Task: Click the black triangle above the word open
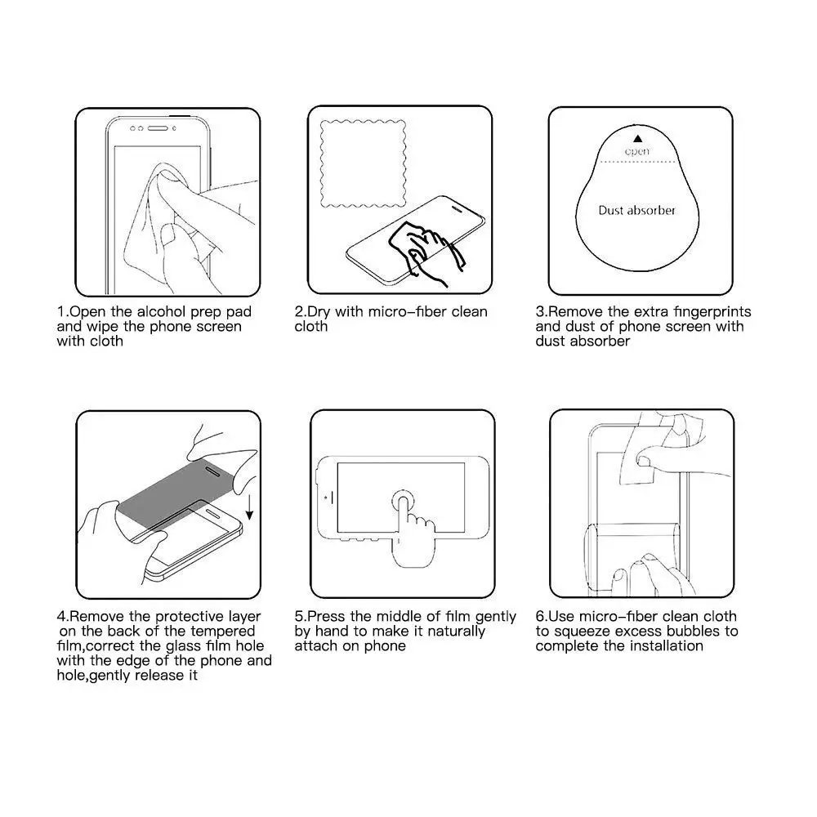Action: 638,139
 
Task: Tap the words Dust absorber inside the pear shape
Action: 636,211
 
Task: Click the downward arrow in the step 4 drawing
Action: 249,507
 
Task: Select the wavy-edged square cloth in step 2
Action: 364,163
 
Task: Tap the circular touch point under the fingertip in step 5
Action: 403,502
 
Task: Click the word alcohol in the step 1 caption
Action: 161,311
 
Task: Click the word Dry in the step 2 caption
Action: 319,312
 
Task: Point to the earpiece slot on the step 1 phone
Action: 158,127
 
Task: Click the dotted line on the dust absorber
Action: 637,162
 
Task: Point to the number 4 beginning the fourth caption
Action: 61,616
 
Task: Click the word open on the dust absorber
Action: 637,152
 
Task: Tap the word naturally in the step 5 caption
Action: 456,632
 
